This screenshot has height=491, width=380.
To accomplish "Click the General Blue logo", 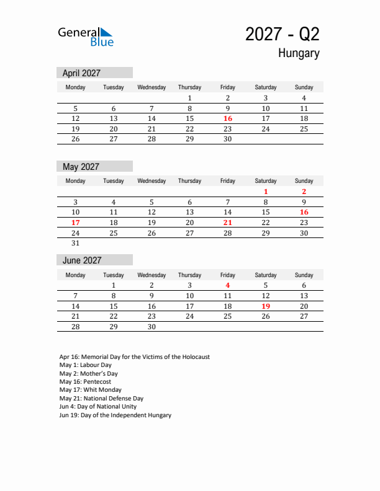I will [x=86, y=37].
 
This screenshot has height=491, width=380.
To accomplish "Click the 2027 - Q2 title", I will [x=282, y=34].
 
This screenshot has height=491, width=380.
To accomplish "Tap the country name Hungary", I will [x=299, y=53].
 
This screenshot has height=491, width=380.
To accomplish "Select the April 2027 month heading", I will [x=81, y=73].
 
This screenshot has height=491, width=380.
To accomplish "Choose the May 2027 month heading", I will [x=81, y=167].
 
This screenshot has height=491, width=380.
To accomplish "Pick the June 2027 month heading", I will [x=82, y=260].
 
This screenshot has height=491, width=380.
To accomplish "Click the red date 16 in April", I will [x=228, y=118].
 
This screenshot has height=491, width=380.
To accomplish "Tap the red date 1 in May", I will [x=266, y=192].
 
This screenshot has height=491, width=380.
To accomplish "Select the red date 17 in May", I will [x=76, y=223].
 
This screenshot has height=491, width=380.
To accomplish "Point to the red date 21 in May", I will [x=228, y=223].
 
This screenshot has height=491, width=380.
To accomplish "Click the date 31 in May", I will [x=76, y=244].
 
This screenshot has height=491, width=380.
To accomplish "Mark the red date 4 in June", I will [x=228, y=286].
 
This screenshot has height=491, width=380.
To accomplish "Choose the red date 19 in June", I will [x=266, y=306].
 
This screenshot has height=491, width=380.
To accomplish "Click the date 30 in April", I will [x=228, y=139].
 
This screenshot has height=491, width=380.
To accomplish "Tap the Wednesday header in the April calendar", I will [x=152, y=87].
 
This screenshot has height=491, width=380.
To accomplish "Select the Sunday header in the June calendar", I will [x=304, y=275].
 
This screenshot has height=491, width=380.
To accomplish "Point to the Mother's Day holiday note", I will [x=88, y=374].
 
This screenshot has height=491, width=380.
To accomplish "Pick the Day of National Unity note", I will [x=97, y=407].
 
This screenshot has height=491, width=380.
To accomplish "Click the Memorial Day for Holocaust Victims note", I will [x=134, y=357].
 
